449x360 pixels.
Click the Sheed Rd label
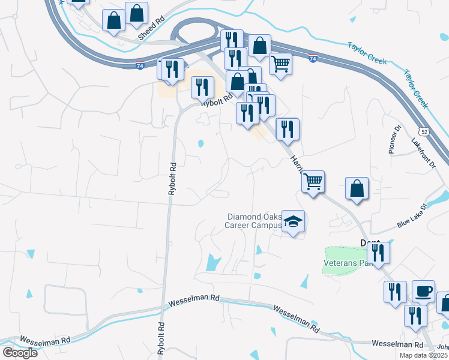pos(151,28)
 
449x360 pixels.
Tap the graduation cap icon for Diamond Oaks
pos(293,222)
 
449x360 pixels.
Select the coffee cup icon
pos(423,292)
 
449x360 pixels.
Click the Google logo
pos(20,352)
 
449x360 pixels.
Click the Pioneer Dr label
pos(394,139)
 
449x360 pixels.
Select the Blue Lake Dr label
pos(411,216)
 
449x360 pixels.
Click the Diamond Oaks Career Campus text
pos(254,221)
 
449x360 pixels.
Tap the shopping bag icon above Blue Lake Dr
pos(357,188)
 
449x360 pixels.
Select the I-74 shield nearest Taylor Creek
pos(313,58)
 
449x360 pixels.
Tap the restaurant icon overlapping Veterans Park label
pos(378,252)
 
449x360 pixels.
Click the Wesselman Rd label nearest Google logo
pos(45,340)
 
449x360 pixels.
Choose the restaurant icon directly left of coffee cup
pos(395,293)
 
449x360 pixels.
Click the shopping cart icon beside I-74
pos(280,63)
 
